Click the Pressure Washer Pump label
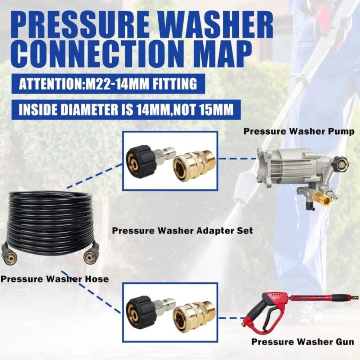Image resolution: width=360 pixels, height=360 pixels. point(298,131)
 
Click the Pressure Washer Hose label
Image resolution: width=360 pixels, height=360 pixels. point(54,279)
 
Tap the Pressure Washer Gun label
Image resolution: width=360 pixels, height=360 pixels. point(302,341)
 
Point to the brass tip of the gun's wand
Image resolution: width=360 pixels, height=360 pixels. point(354,298)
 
